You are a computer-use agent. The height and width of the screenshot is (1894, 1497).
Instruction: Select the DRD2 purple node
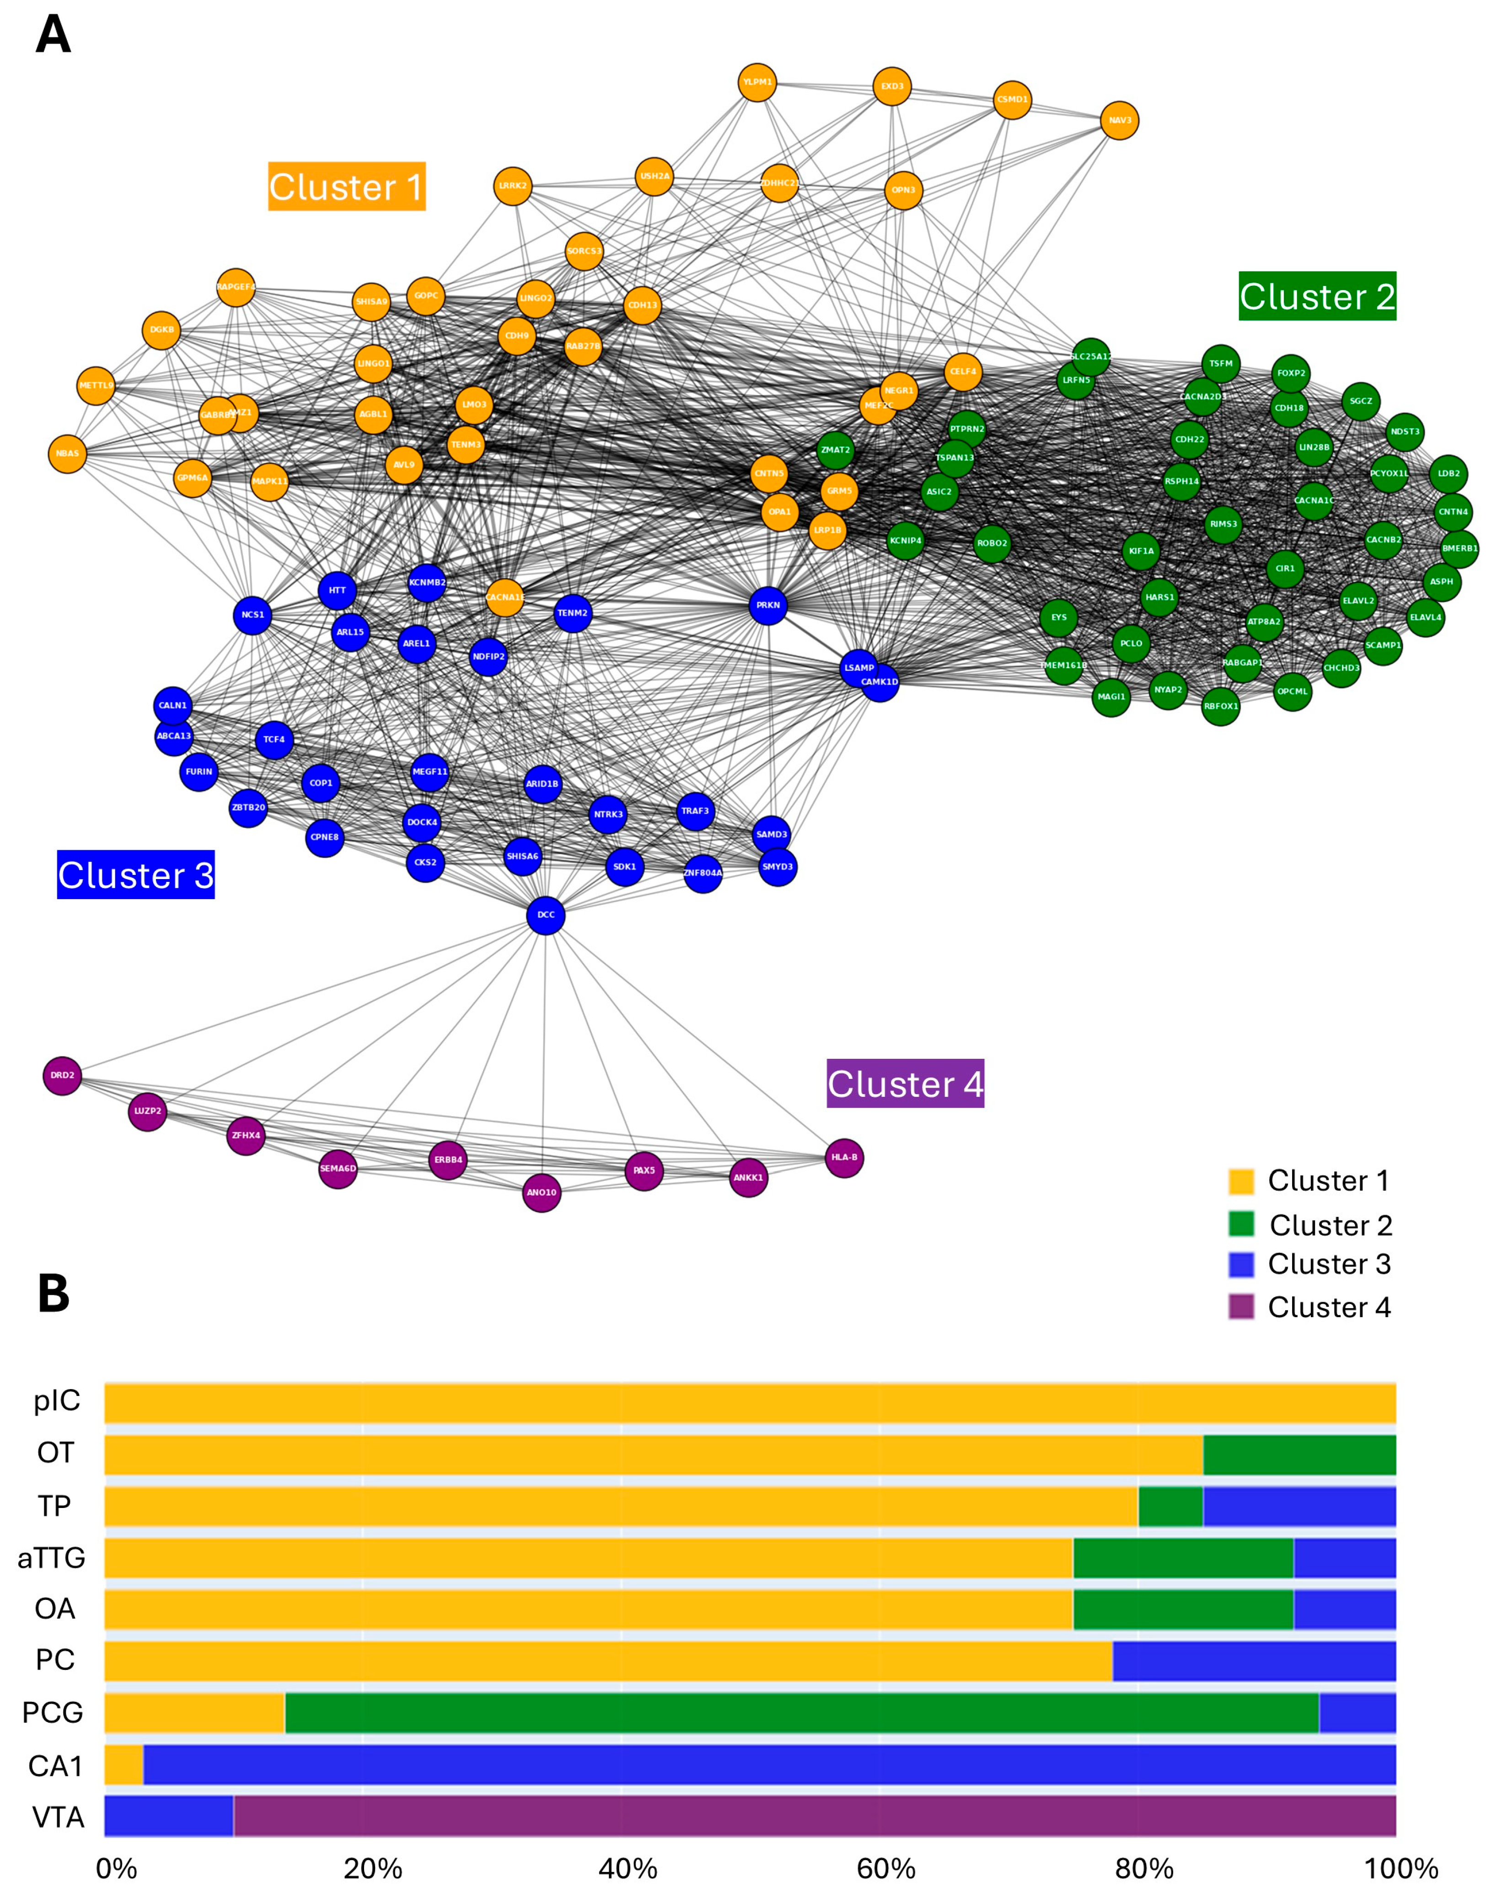62,1075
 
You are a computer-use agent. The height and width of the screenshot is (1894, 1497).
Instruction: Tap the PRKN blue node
768,606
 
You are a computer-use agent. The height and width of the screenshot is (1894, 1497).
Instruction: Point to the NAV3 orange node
1119,120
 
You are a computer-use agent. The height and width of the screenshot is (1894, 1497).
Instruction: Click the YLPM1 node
757,82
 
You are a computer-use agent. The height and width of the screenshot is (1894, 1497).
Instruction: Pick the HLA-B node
844,1158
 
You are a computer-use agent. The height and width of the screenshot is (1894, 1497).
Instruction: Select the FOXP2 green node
1290,373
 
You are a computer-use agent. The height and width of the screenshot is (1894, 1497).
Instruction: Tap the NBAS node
68,453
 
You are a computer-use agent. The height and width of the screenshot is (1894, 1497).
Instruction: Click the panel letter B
54,1293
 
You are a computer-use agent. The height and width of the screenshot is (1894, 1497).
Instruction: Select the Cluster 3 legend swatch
1241,1264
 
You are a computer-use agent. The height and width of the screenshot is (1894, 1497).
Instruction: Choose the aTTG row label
52,1557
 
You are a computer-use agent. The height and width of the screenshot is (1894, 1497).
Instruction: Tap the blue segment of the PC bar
1253,1661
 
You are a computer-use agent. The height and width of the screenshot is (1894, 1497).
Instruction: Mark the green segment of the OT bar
1299,1455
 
